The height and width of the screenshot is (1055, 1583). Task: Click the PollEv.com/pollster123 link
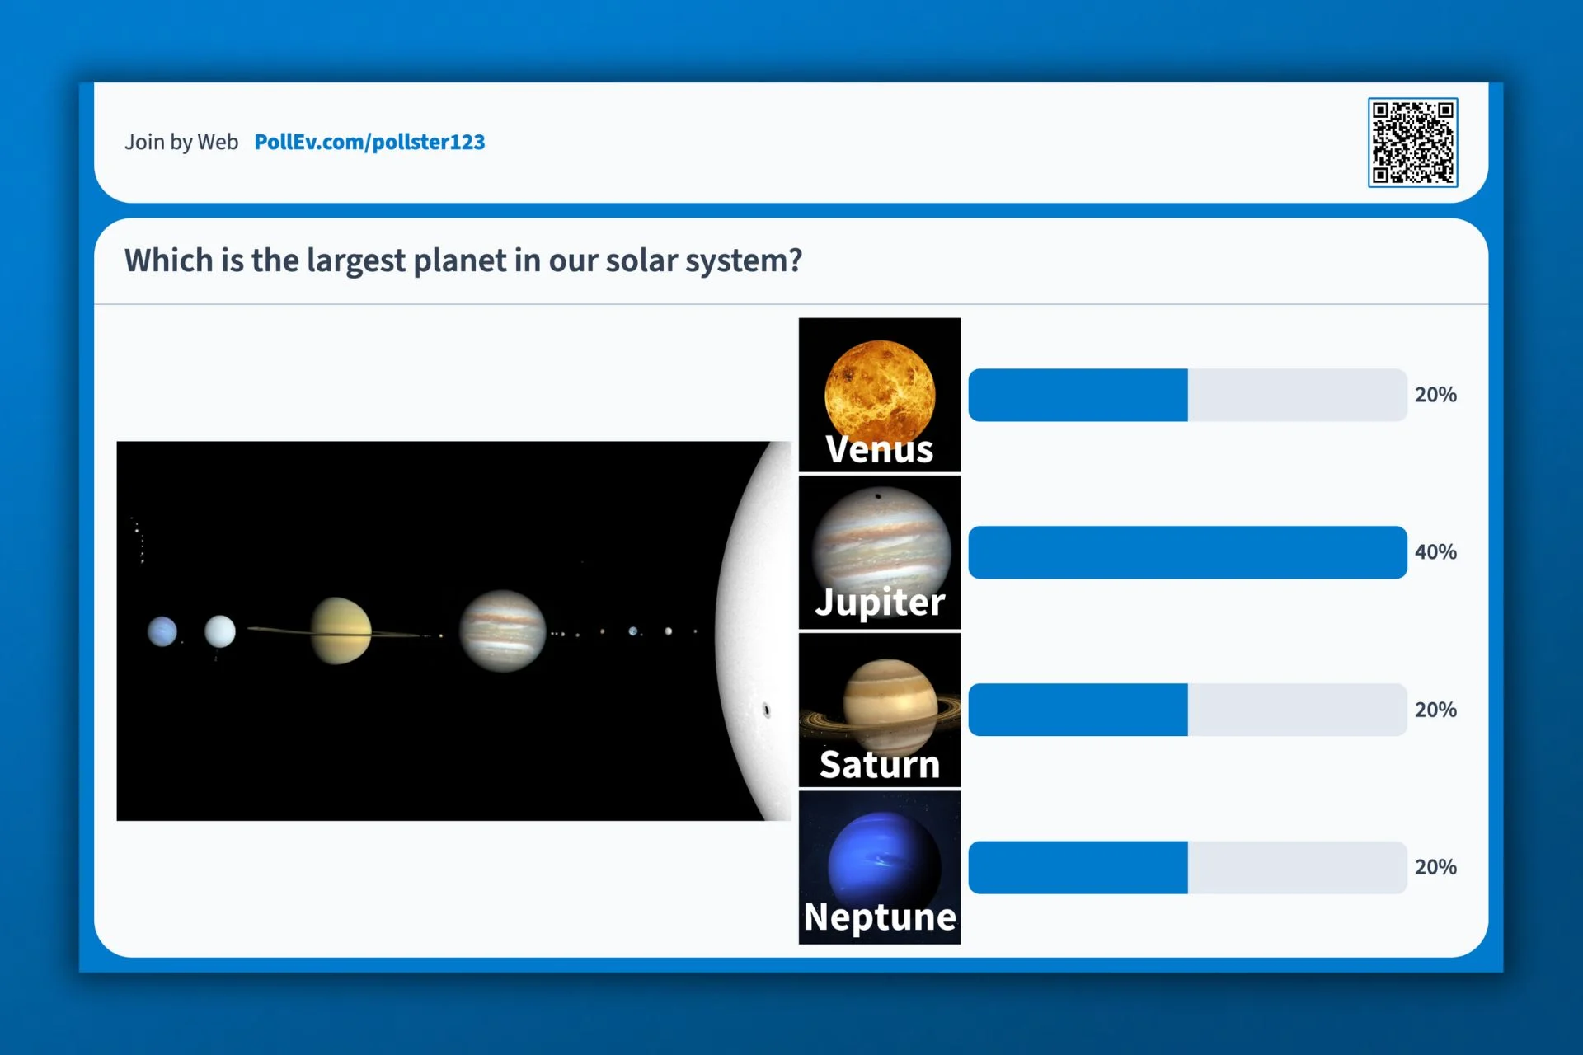coord(369,142)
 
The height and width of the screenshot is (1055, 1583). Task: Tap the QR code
coord(1412,143)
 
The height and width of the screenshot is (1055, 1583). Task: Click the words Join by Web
coord(181,142)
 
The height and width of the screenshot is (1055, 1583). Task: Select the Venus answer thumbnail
coord(880,395)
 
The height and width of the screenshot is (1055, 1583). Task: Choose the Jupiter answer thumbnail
coord(880,552)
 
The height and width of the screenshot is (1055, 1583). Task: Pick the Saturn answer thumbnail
coord(880,710)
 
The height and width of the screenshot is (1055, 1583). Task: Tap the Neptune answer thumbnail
coord(880,867)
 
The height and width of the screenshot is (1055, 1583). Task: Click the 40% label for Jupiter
coord(1435,552)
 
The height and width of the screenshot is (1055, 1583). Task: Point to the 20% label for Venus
coord(1435,395)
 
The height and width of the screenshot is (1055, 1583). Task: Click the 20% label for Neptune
coord(1435,867)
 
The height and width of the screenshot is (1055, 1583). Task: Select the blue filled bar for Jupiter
coord(1187,552)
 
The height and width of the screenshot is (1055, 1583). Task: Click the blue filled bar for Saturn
coord(1078,710)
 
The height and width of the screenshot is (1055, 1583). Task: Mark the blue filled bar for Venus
coord(1078,395)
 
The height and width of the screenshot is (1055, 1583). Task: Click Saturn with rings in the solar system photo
coord(340,631)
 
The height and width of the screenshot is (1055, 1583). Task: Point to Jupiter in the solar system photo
coord(502,631)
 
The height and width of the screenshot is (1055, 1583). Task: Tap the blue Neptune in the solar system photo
coord(162,632)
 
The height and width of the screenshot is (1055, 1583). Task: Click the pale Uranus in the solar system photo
coord(220,631)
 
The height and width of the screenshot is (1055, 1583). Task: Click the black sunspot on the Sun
coord(767,710)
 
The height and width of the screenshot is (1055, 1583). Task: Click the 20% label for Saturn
coord(1435,710)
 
